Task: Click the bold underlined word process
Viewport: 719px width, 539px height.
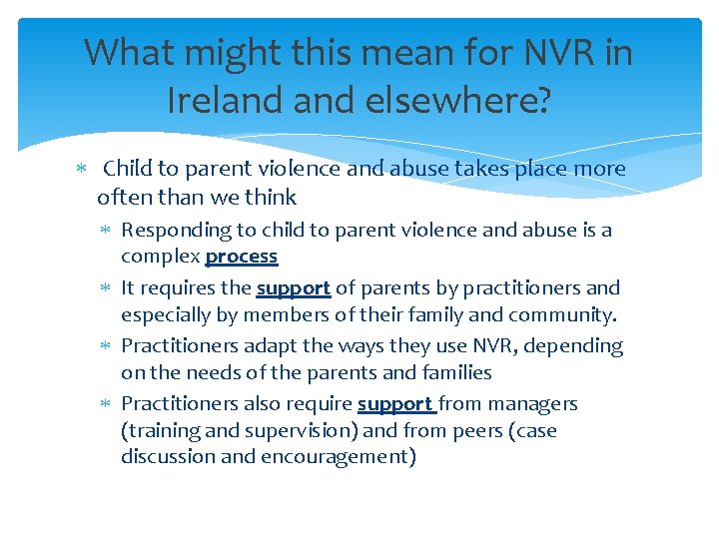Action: pos(241,257)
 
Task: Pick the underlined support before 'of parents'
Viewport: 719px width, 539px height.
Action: pos(293,288)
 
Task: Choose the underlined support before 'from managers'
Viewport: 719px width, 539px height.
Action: pos(395,404)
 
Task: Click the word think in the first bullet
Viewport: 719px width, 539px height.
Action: pos(274,198)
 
